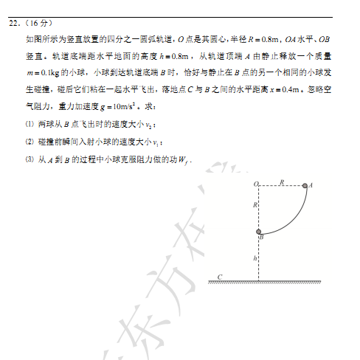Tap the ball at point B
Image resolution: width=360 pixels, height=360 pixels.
click(x=259, y=232)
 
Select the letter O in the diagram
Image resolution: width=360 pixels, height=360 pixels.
click(x=255, y=184)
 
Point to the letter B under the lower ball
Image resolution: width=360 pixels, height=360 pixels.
click(x=261, y=238)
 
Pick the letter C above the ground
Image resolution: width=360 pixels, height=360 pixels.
click(x=219, y=277)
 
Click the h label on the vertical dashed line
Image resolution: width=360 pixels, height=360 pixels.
click(x=255, y=259)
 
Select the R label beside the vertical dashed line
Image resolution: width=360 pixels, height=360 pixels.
click(x=255, y=204)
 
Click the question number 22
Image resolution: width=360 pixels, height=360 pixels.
click(x=13, y=23)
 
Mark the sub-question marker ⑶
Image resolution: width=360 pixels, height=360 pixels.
click(x=29, y=159)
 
